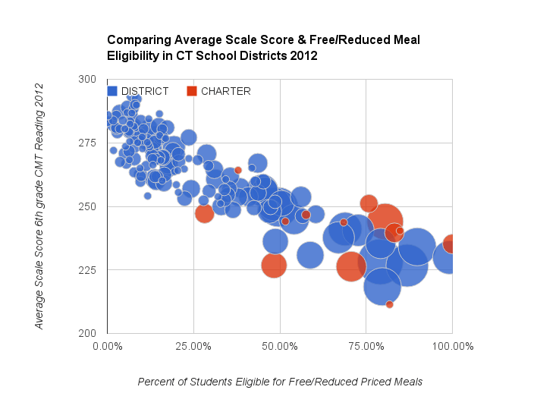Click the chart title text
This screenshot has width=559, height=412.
pos(262,48)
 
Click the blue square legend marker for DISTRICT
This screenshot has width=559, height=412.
pos(112,91)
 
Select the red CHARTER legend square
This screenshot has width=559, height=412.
pos(192,91)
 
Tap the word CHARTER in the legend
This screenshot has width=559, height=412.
pos(225,91)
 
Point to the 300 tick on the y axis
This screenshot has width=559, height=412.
pos(87,79)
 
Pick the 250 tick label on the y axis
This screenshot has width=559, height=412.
pos(87,206)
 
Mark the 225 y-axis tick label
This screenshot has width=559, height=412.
pos(87,270)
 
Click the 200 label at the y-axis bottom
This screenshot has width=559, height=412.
pos(87,333)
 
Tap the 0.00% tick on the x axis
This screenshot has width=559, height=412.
pos(107,347)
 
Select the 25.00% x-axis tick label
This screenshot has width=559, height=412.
pos(193,347)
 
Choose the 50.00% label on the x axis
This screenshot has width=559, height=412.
pos(280,347)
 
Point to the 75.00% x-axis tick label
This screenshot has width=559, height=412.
pos(366,347)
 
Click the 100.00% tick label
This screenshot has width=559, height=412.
pos(452,347)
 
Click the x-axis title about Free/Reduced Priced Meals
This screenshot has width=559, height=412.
pos(280,382)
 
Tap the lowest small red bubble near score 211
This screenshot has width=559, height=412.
pos(389,304)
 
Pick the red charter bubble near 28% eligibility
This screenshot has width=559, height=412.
pos(204,213)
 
